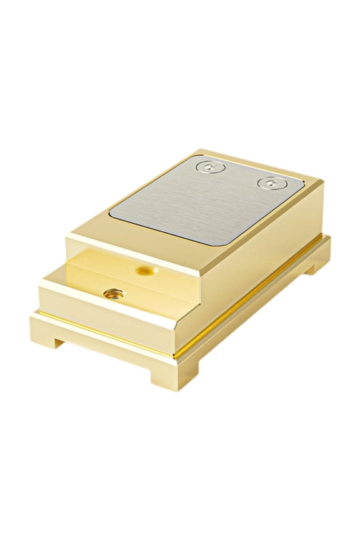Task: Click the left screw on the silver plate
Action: pyautogui.click(x=211, y=167)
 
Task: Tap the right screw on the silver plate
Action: pyautogui.click(x=271, y=184)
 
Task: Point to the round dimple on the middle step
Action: pyautogui.click(x=145, y=269)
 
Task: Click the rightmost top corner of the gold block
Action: pyautogui.click(x=322, y=182)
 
